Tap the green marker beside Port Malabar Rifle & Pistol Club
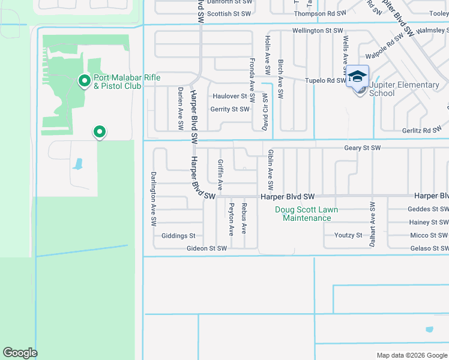[85, 80]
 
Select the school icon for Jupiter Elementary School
[357, 77]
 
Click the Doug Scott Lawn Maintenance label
[306, 214]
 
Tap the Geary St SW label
[362, 148]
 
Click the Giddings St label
[178, 236]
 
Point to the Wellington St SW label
[318, 30]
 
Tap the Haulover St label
[230, 96]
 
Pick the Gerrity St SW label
[229, 109]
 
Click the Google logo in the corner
[20, 353]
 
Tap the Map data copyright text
[411, 355]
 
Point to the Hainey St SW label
[428, 222]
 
